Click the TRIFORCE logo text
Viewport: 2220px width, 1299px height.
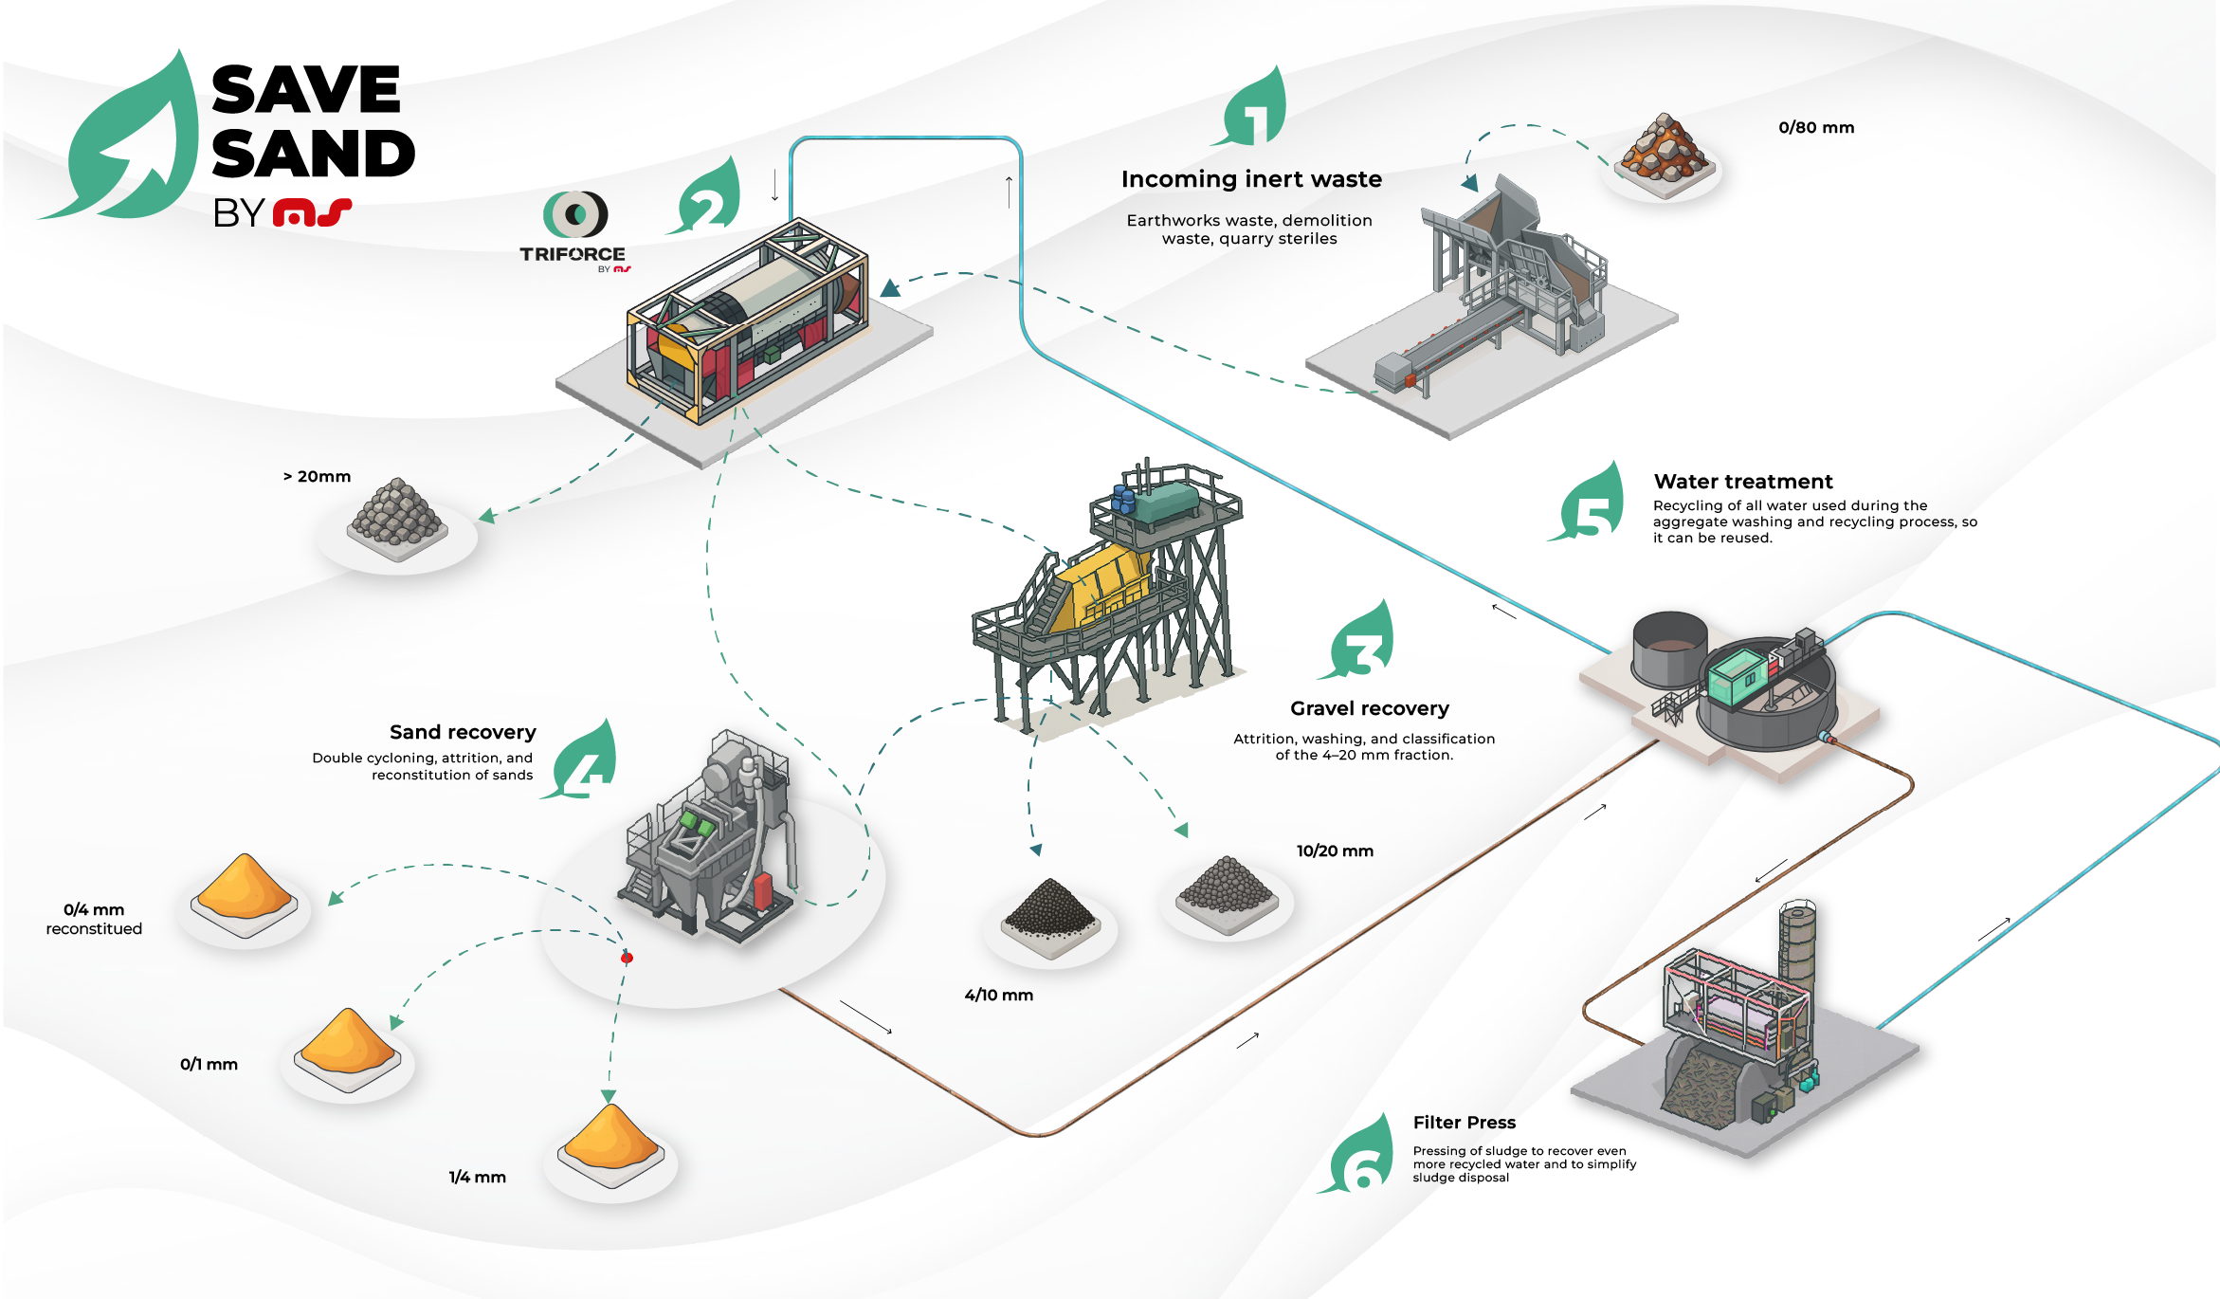(572, 254)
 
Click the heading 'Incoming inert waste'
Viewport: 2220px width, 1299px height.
(1251, 179)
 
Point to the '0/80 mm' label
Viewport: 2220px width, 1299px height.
(1815, 128)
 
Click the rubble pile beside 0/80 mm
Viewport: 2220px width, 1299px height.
(1664, 152)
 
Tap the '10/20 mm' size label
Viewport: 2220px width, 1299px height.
(1335, 851)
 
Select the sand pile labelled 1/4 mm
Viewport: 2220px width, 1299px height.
(610, 1141)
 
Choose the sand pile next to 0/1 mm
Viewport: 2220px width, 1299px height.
(348, 1046)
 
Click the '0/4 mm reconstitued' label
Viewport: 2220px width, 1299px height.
(94, 919)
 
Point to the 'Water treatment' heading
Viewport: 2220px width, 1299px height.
(1743, 482)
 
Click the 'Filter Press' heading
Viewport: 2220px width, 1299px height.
(1465, 1123)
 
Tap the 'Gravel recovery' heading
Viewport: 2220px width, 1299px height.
(1370, 708)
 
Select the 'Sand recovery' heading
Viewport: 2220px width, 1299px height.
(463, 732)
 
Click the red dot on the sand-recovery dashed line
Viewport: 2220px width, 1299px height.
(627, 959)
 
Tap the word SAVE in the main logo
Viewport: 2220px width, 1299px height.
(306, 90)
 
